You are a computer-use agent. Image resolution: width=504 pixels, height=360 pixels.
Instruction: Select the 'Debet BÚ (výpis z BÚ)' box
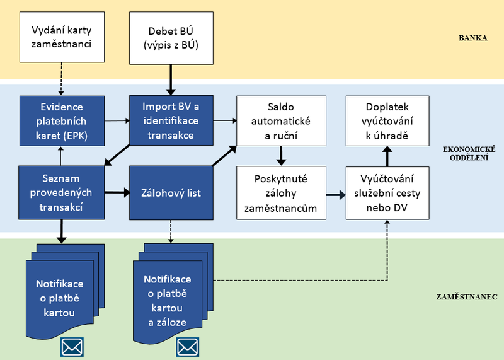pos(169,37)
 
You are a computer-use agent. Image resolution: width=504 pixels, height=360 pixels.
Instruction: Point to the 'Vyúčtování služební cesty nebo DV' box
pos(389,193)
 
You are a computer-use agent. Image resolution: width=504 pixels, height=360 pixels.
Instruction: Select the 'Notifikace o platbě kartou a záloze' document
pos(167,296)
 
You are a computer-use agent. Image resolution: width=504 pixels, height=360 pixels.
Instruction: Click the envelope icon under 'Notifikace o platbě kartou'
pos(72,346)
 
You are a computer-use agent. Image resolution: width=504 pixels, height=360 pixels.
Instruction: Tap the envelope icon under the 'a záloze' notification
pos(188,346)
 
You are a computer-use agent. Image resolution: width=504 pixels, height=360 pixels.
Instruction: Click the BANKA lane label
pos(474,38)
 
